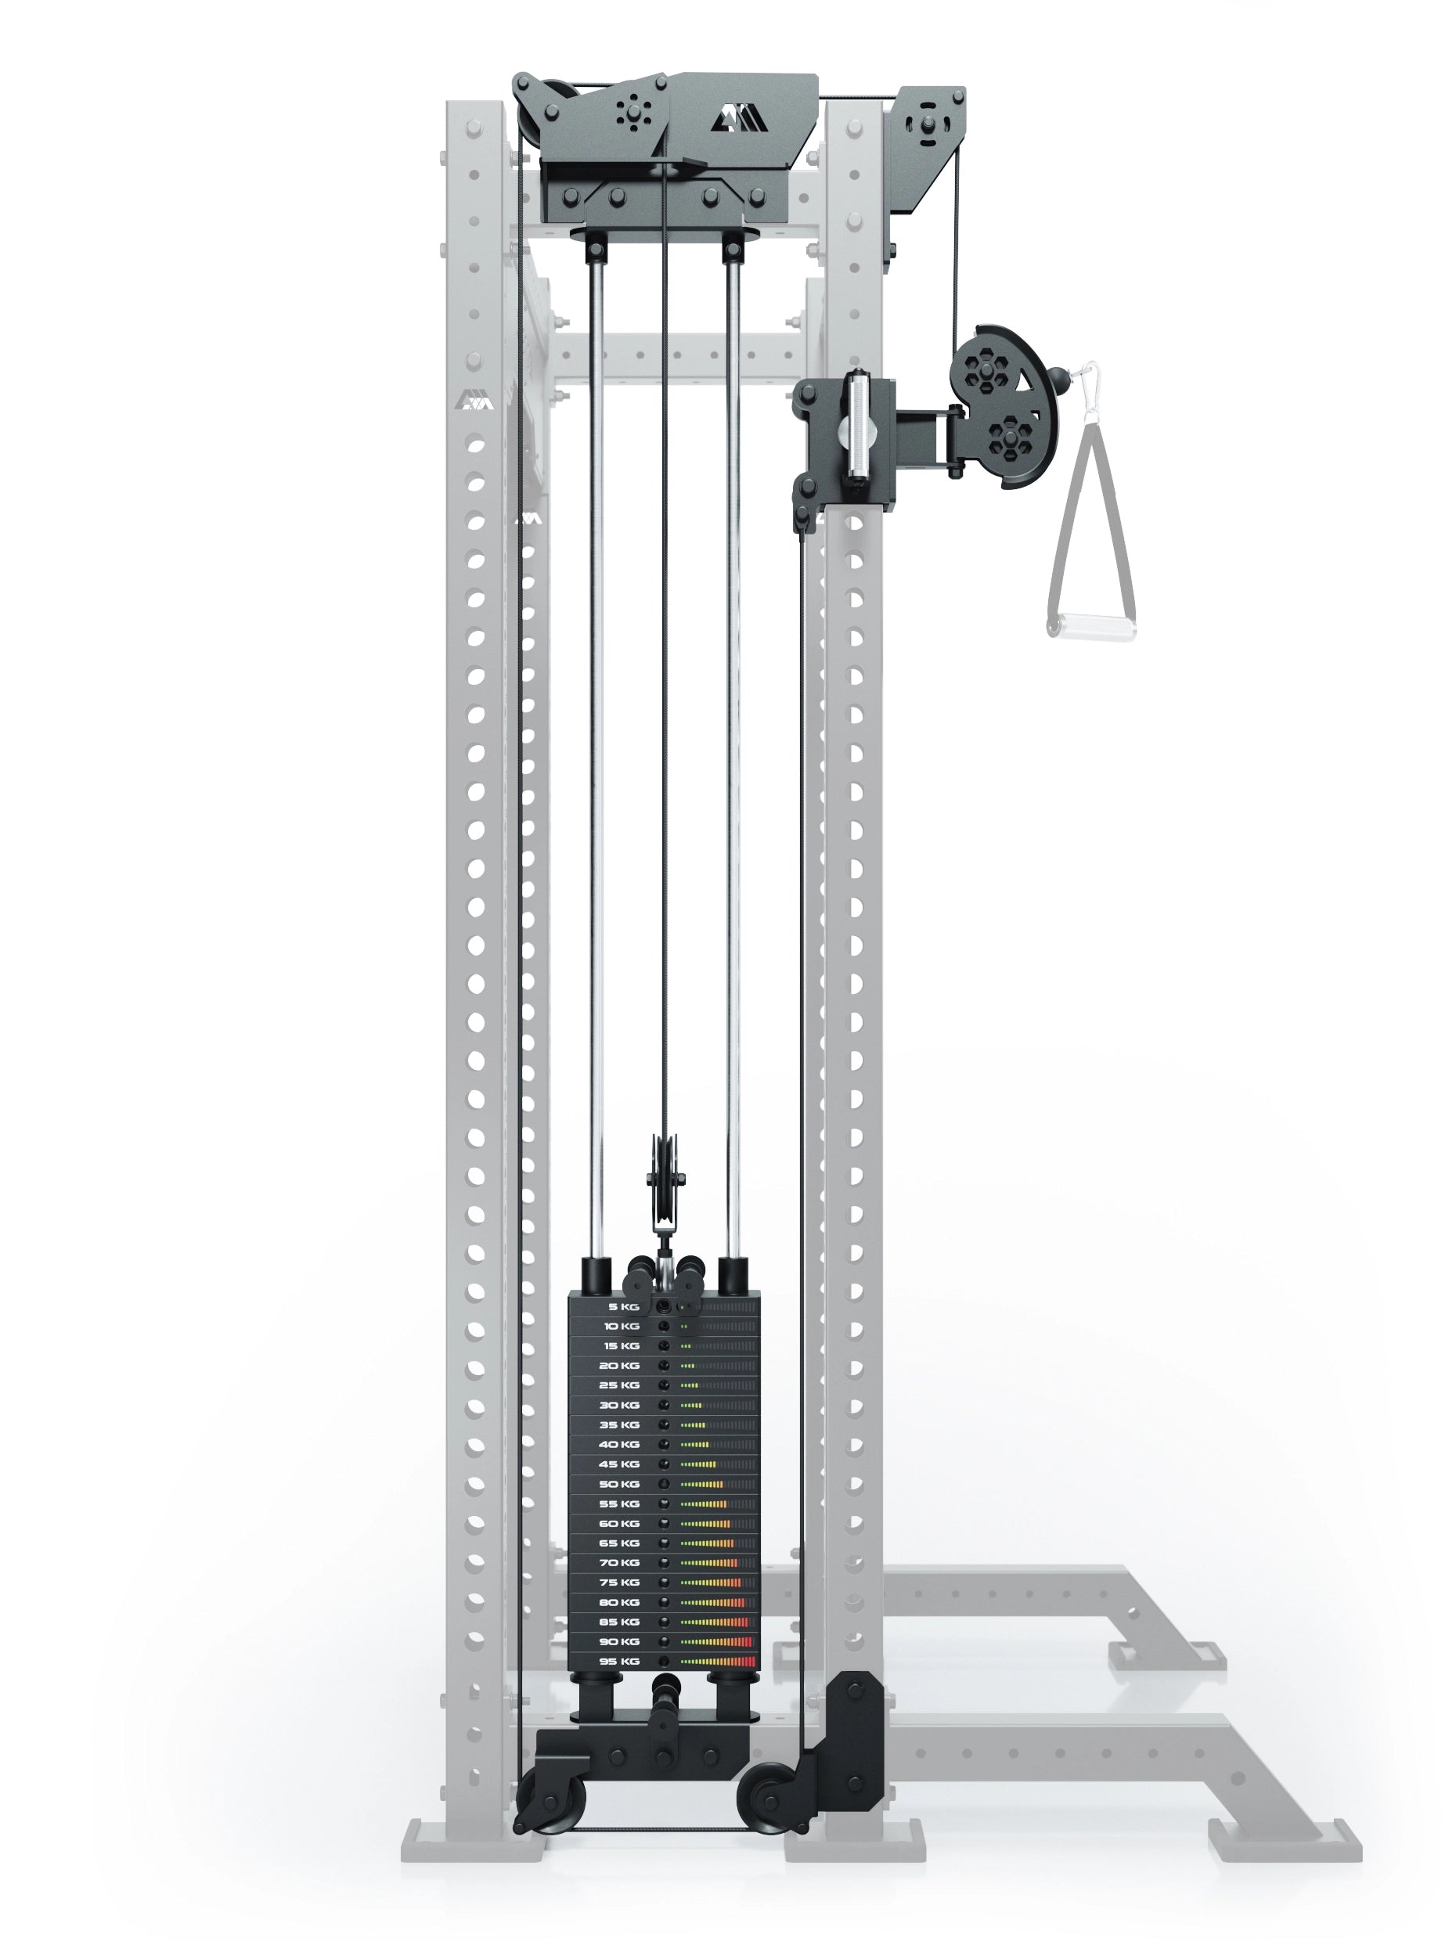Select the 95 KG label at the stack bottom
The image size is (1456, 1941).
coord(618,1661)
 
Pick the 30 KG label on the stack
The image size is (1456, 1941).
coord(618,1405)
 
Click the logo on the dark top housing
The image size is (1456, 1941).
coord(739,121)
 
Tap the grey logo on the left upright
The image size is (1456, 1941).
coord(473,401)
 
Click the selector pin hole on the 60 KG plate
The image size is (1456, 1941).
coord(664,1523)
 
